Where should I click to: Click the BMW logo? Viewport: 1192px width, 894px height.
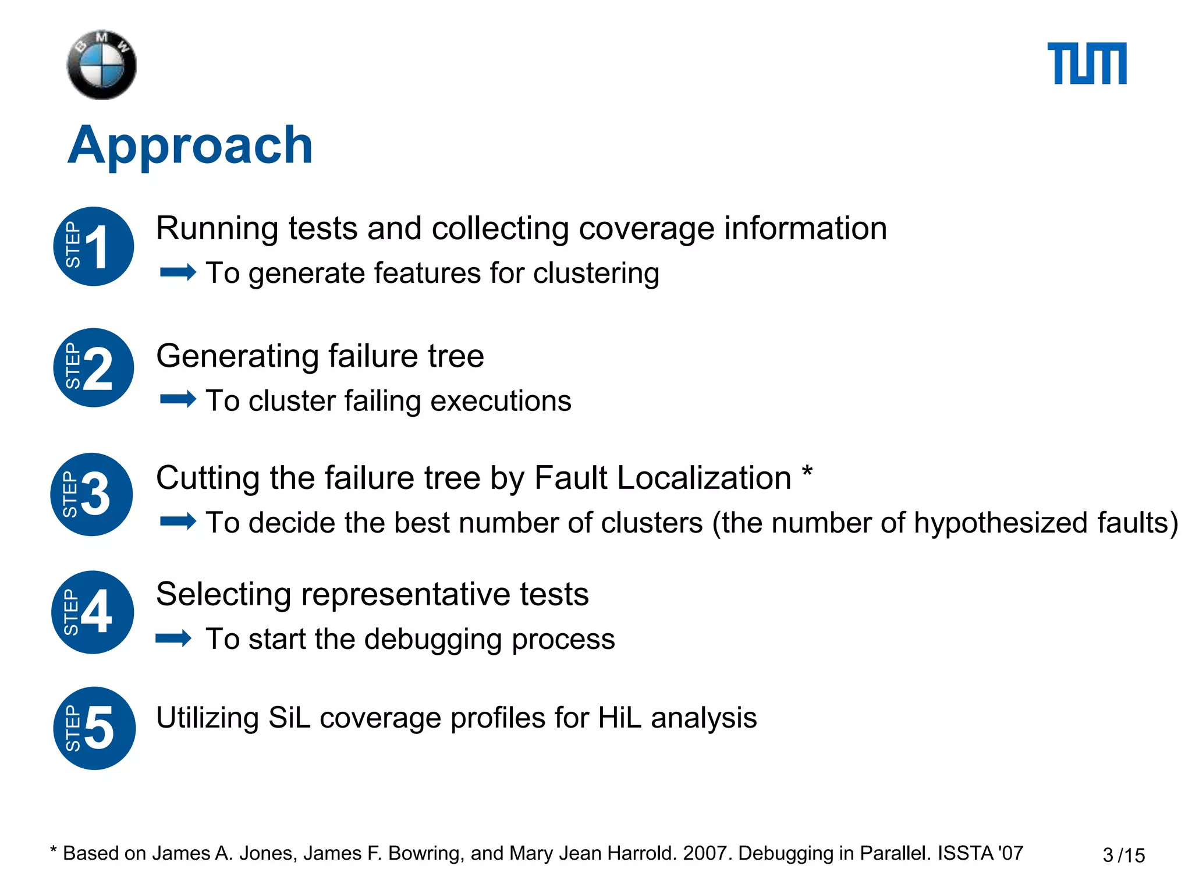pos(102,65)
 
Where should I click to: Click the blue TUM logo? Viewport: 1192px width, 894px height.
pos(1087,63)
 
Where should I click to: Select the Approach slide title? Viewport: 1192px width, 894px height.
pos(190,145)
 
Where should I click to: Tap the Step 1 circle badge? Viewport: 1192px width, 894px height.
pos(94,246)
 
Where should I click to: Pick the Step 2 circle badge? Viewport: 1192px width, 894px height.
pos(94,368)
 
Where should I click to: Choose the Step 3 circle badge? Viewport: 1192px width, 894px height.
pos(92,494)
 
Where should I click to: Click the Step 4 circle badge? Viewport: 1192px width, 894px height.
pos(93,612)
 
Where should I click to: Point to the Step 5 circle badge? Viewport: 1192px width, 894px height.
pos(94,728)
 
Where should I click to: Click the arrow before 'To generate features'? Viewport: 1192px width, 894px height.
pos(178,272)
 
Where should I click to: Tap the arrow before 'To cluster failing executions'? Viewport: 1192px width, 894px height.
pos(178,399)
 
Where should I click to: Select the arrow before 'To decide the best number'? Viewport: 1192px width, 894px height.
pos(178,521)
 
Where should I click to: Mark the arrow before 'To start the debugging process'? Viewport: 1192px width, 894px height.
pos(173,638)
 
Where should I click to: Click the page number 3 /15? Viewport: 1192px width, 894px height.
pos(1123,855)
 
